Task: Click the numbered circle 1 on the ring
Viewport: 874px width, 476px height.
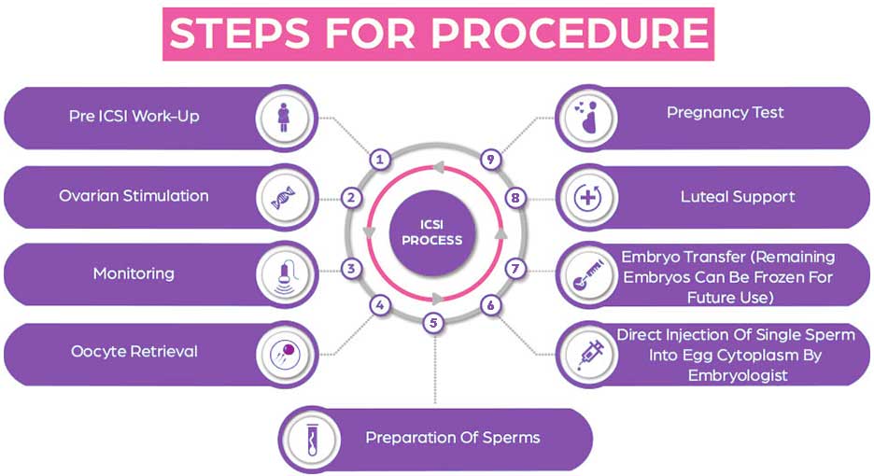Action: pyautogui.click(x=379, y=159)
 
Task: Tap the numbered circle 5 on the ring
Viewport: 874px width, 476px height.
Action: pyautogui.click(x=431, y=323)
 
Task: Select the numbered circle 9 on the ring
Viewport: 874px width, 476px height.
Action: pyautogui.click(x=489, y=159)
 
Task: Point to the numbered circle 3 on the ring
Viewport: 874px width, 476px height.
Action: pyautogui.click(x=351, y=269)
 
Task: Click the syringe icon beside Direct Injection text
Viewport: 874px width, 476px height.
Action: pyautogui.click(x=586, y=353)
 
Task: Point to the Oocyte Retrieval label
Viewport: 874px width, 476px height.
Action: pyautogui.click(x=134, y=352)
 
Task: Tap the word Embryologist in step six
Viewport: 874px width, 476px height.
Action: pyautogui.click(x=737, y=375)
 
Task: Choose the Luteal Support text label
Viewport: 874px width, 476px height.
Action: pyautogui.click(x=738, y=197)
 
